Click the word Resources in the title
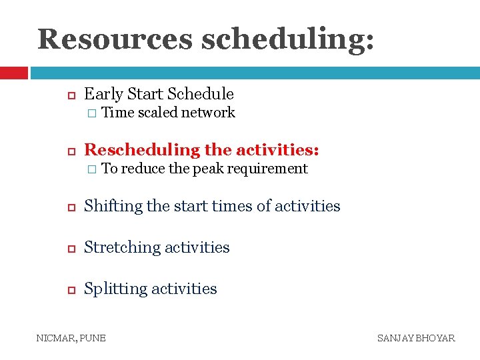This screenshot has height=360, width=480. click(115, 39)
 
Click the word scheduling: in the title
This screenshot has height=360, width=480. click(287, 39)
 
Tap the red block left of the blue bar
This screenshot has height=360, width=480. click(13, 72)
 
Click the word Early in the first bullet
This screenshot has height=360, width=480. click(103, 94)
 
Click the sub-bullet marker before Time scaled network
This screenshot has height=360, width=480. click(91, 113)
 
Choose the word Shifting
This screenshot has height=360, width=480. click(113, 207)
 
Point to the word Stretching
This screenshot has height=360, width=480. click(122, 247)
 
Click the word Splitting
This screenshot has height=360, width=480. click(115, 289)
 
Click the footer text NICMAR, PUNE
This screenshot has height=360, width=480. click(71, 338)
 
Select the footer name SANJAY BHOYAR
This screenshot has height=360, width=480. click(416, 338)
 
